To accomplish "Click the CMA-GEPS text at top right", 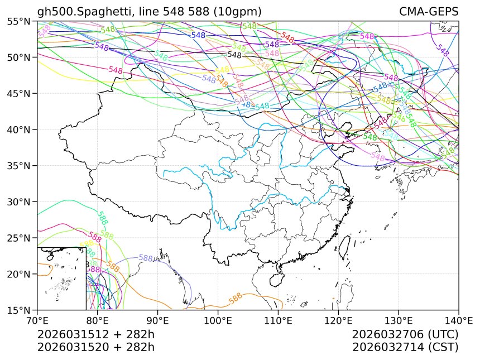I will click(x=429, y=12).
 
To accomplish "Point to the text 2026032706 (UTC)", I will click(x=405, y=335).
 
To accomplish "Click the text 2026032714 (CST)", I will click(x=405, y=347).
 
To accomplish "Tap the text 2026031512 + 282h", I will click(x=95, y=335).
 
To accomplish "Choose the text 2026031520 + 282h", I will click(x=95, y=347).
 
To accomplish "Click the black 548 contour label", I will click(x=234, y=55).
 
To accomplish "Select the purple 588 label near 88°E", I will click(x=146, y=258).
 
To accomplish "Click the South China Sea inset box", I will click(x=61, y=278).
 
